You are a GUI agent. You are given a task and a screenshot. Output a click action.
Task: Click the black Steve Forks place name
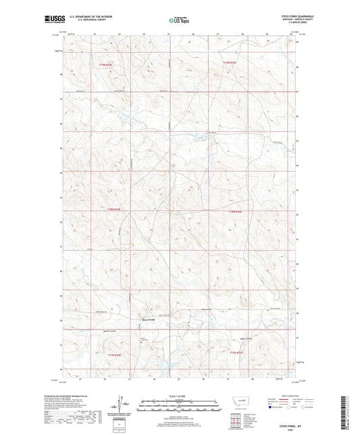[149, 319]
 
